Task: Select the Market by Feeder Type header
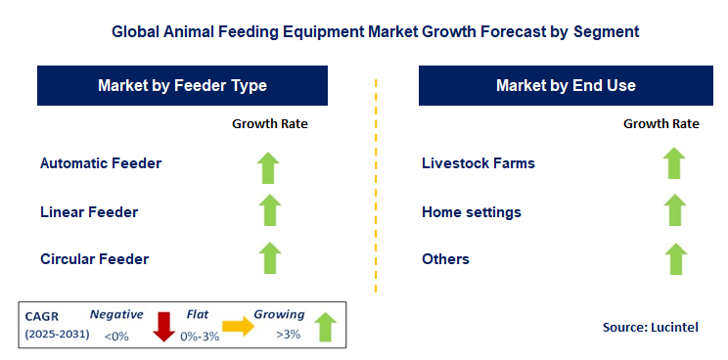pyautogui.click(x=182, y=86)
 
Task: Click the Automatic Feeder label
pyautogui.click(x=101, y=163)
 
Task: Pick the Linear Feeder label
pyautogui.click(x=89, y=211)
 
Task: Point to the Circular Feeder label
pyautogui.click(x=95, y=259)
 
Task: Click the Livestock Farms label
pyautogui.click(x=478, y=163)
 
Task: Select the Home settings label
pyautogui.click(x=472, y=211)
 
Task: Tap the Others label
pyautogui.click(x=445, y=259)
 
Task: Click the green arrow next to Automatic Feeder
pyautogui.click(x=270, y=166)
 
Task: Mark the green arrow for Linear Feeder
pyautogui.click(x=270, y=210)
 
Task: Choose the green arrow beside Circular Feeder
pyautogui.click(x=270, y=257)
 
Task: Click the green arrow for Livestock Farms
pyautogui.click(x=673, y=163)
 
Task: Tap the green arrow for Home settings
pyautogui.click(x=673, y=210)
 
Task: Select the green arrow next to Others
pyautogui.click(x=673, y=257)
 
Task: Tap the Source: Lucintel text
pyautogui.click(x=649, y=326)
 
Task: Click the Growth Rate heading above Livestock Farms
pyautogui.click(x=661, y=124)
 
